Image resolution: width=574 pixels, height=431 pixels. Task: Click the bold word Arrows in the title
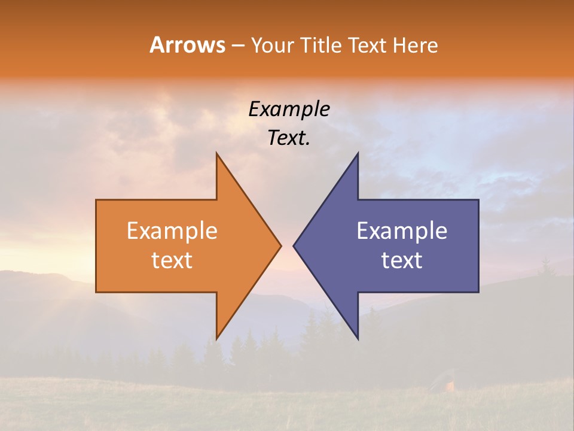click(x=187, y=45)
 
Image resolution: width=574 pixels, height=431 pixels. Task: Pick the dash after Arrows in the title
click(x=238, y=46)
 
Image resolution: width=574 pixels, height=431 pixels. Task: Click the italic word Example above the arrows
click(x=289, y=109)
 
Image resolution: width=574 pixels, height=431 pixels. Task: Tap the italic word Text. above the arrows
click(x=289, y=138)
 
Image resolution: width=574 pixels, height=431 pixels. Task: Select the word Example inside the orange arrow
click(x=172, y=230)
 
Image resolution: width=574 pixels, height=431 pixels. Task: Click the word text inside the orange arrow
click(x=172, y=260)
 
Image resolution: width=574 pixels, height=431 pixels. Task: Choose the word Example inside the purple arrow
click(x=402, y=230)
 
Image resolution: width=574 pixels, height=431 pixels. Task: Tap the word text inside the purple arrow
click(x=402, y=260)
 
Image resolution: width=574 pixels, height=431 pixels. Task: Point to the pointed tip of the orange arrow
click(x=280, y=245)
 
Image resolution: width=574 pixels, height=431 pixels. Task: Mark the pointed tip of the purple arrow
click(x=294, y=245)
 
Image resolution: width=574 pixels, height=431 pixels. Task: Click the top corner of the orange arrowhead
click(x=216, y=153)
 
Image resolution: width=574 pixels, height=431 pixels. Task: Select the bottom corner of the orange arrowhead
click(x=216, y=339)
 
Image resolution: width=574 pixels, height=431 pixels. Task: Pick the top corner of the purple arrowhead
click(x=358, y=153)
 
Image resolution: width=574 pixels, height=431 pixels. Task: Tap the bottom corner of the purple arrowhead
click(x=358, y=339)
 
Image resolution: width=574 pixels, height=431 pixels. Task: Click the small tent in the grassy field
click(x=445, y=380)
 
